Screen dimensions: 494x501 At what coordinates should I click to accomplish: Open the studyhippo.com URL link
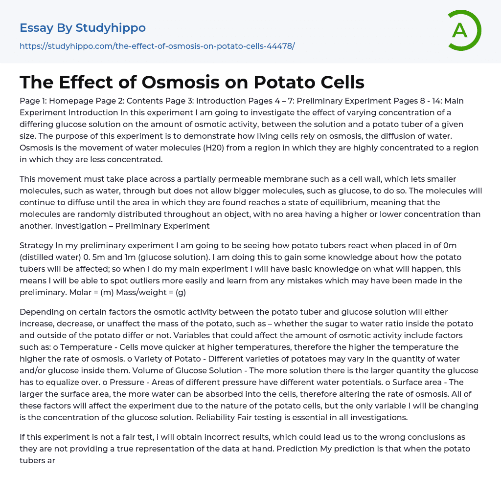click(157, 46)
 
